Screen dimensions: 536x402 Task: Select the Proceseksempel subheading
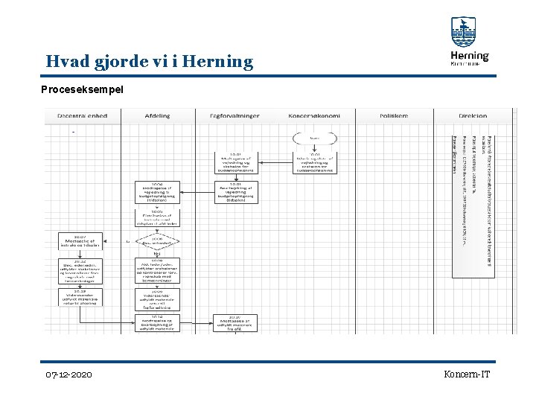tap(82, 89)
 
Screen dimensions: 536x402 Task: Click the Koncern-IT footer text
tap(467, 374)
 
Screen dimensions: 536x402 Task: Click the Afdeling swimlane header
tap(157, 116)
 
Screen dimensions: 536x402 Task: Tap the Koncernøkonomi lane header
tap(315, 116)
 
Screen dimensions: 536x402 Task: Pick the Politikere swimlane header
tap(394, 116)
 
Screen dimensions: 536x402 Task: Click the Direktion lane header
tap(473, 116)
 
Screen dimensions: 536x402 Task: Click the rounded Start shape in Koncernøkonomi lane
tap(315, 137)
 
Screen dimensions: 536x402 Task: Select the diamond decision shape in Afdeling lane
tap(157, 241)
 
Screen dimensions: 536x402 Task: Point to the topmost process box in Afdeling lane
tap(157, 192)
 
